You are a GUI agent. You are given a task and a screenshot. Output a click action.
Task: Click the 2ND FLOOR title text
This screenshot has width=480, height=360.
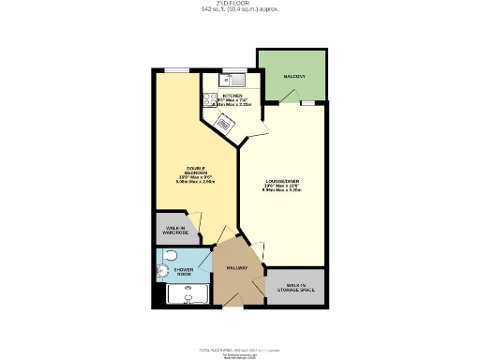click(x=239, y=5)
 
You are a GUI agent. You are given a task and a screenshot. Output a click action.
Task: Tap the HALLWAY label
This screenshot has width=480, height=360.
click(x=235, y=267)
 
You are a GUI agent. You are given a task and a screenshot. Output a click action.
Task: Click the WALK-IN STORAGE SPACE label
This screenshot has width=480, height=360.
click(x=295, y=287)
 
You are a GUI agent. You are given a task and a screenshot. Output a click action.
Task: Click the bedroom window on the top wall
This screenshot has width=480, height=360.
click(x=177, y=68)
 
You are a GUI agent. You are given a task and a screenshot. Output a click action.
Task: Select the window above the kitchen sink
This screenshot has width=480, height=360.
click(x=232, y=69)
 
